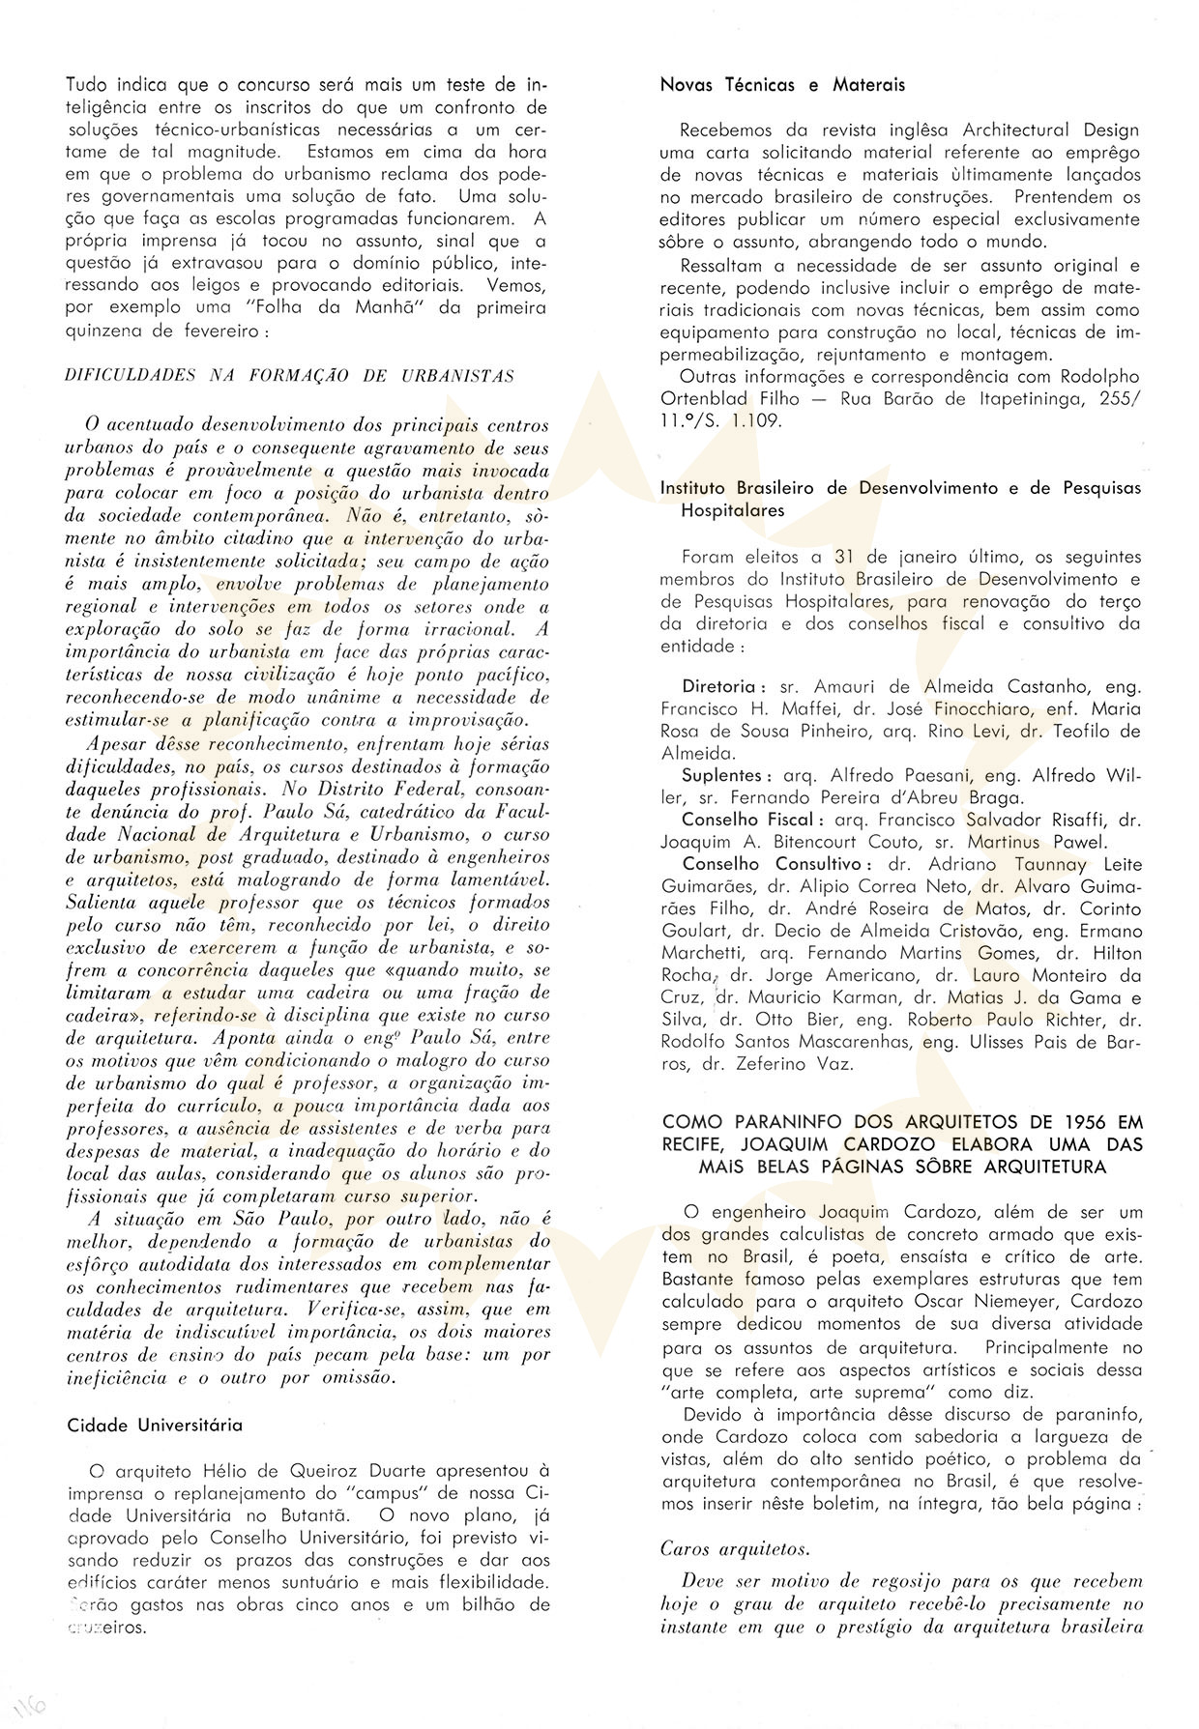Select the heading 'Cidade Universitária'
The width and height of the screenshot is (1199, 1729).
pyautogui.click(x=156, y=1425)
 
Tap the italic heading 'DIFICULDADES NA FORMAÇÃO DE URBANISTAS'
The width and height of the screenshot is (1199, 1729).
pyautogui.click(x=289, y=376)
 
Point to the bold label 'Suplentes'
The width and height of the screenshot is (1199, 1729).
pyautogui.click(x=724, y=775)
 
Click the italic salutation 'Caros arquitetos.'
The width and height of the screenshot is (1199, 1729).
pyautogui.click(x=735, y=1548)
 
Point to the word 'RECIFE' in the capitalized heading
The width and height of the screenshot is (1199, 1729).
pyautogui.click(x=695, y=1144)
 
